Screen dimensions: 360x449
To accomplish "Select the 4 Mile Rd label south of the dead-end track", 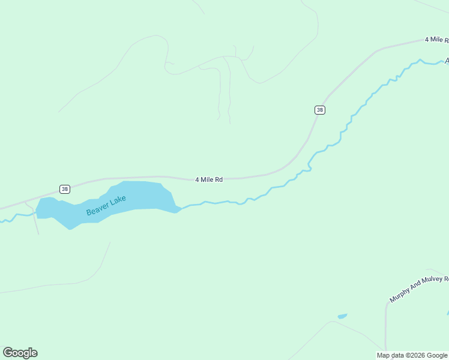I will pos(209,179).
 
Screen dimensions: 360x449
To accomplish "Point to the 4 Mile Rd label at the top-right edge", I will pos(436,40).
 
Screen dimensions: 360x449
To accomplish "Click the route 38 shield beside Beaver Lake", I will pos(65,189).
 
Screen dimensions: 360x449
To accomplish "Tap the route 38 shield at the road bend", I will pos(320,110).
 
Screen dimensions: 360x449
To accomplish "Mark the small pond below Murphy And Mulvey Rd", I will pos(342,316).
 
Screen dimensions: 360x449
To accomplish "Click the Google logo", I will pos(20,353).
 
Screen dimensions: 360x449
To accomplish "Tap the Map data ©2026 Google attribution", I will pos(412,355).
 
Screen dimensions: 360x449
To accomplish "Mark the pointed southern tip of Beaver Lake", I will pos(70,229).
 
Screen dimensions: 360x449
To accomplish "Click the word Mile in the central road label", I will pos(207,179).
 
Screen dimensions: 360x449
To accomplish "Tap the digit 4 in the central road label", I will pos(197,179).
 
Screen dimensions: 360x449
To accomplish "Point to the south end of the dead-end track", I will pos(230,123).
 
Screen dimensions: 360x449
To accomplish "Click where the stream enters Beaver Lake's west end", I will pos(37,212).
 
